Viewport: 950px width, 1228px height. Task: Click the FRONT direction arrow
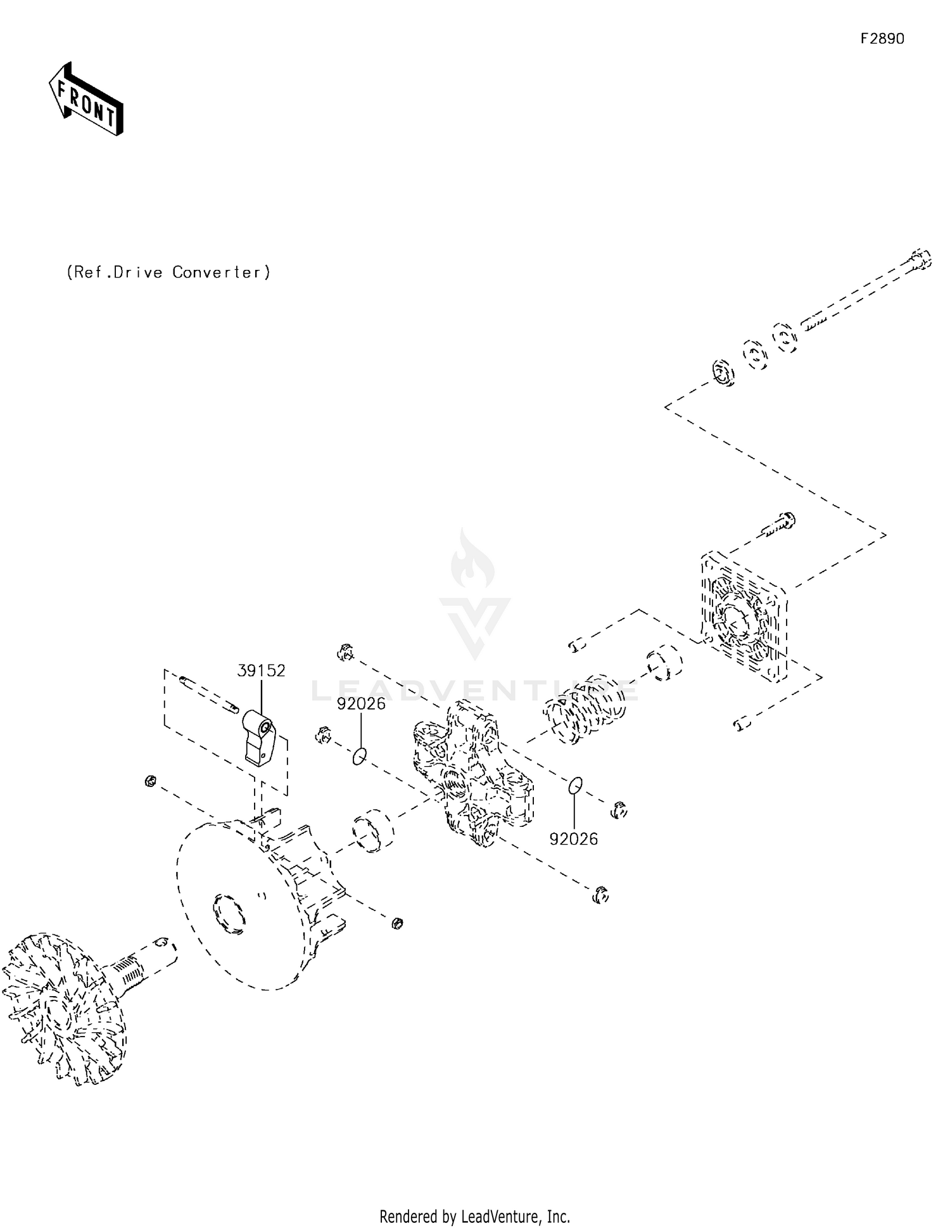[x=86, y=99]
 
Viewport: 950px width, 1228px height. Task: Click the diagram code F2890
[x=882, y=39]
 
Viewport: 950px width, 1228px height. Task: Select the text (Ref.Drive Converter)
[x=168, y=272]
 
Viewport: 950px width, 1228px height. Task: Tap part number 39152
[x=261, y=670]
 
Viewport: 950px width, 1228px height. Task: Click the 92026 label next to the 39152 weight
[x=361, y=704]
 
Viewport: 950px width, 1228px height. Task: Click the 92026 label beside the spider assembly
[x=573, y=839]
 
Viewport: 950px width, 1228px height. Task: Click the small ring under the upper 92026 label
[x=359, y=755]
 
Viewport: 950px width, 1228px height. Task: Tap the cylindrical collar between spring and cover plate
[x=664, y=663]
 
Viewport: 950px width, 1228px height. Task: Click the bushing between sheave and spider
[x=373, y=831]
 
